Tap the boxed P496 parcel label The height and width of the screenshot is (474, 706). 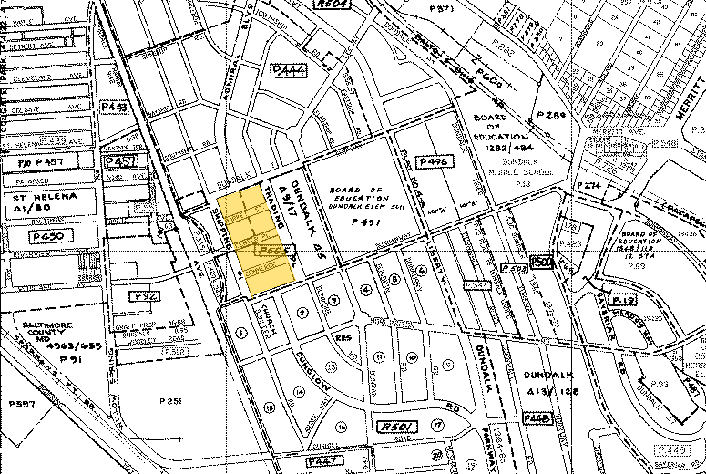(x=435, y=161)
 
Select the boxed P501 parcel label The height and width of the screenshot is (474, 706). (x=394, y=425)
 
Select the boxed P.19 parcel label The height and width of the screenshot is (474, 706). (x=623, y=300)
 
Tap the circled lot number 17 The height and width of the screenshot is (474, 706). (x=438, y=425)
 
